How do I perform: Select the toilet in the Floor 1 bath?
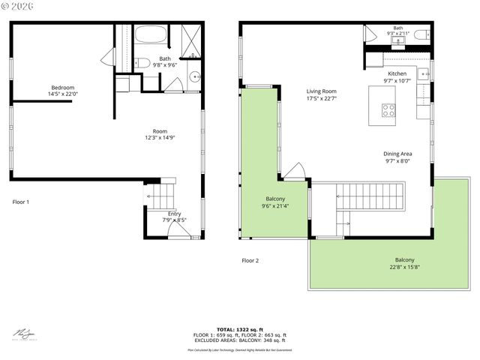pos(143,63)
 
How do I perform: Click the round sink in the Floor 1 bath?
pos(194,75)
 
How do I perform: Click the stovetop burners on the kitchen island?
pos(388,110)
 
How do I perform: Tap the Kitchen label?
pos(397,73)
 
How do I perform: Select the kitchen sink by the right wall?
pos(424,74)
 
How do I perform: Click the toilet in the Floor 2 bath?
pos(421,34)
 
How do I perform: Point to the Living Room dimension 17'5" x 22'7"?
pos(321,98)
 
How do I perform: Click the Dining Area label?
pos(398,154)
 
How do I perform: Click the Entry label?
pos(174,214)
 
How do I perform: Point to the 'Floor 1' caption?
pos(21,202)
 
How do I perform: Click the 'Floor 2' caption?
pos(250,260)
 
